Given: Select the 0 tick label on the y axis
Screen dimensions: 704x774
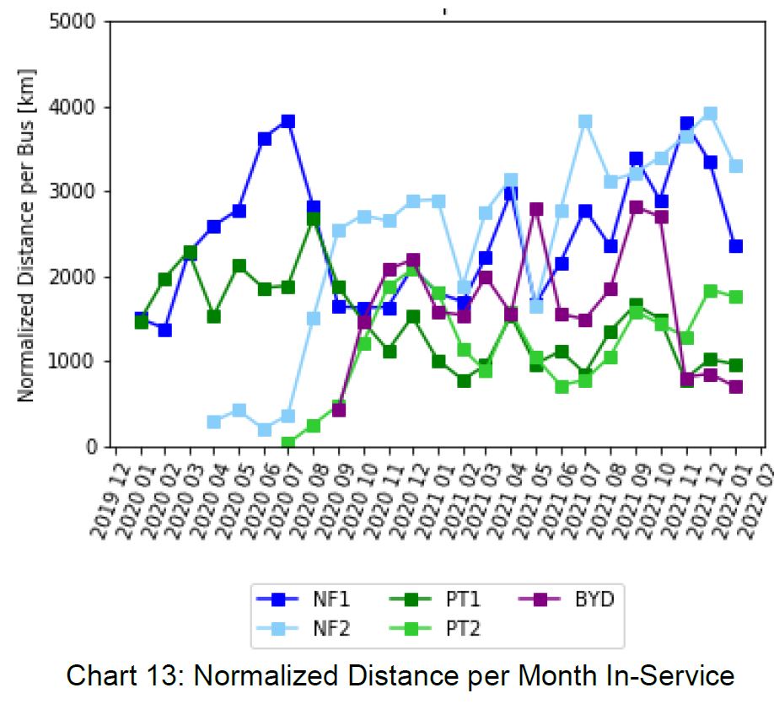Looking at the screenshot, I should [94, 447].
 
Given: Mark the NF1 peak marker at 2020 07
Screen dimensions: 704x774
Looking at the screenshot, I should [288, 121].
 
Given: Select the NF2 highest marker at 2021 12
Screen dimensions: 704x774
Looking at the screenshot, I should [710, 114].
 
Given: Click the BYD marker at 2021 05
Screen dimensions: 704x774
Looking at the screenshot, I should [536, 208].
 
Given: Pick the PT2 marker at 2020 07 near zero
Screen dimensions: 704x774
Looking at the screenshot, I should [288, 443].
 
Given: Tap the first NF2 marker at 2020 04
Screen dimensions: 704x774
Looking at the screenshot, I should [213, 422].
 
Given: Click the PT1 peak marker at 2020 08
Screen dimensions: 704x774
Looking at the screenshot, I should [313, 219].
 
